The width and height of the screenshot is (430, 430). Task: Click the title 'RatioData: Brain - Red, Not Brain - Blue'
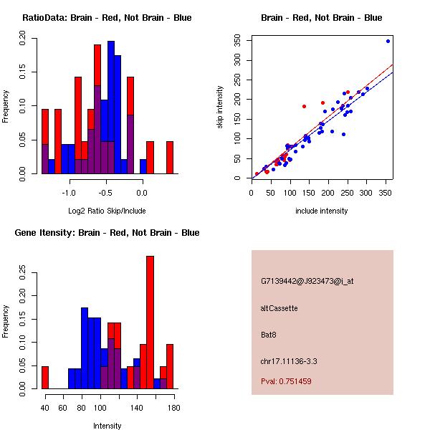(107, 18)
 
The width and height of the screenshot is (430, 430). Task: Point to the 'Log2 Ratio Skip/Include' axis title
(107, 211)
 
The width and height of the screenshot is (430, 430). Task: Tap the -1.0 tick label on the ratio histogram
(69, 193)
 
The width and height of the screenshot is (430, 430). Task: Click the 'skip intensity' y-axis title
(221, 107)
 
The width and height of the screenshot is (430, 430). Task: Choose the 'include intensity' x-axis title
(322, 211)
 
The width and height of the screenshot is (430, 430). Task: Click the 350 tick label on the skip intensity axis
(237, 42)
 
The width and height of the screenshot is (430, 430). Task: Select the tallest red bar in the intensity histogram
(150, 322)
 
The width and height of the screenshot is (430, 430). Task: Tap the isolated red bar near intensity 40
(44, 378)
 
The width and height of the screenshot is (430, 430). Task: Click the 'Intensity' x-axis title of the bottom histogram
(107, 426)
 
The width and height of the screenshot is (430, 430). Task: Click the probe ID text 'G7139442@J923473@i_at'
(307, 281)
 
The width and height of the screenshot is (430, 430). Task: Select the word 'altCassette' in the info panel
(279, 308)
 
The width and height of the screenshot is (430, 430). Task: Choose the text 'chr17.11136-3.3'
(288, 360)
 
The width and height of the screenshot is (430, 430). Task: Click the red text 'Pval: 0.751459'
(287, 381)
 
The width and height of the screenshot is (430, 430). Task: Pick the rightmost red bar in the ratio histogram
(170, 158)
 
